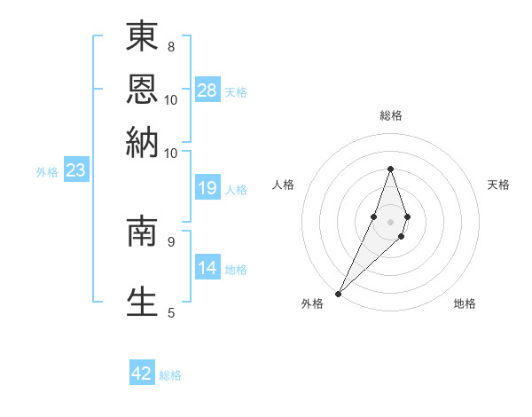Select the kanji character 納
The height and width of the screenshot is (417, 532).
pyautogui.click(x=142, y=141)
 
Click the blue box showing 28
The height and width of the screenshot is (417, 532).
pyautogui.click(x=207, y=90)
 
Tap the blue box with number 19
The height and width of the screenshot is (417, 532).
pyautogui.click(x=207, y=187)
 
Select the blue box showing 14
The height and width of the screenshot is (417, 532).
pyautogui.click(x=207, y=268)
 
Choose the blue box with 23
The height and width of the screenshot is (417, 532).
pyautogui.click(x=75, y=170)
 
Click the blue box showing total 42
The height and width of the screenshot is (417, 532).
pyautogui.click(x=142, y=374)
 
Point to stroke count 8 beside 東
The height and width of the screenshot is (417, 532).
pyautogui.click(x=170, y=46)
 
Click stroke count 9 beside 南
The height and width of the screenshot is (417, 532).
pyautogui.click(x=170, y=240)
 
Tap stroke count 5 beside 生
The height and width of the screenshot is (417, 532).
pyautogui.click(x=170, y=311)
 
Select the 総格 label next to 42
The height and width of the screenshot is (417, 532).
pyautogui.click(x=170, y=375)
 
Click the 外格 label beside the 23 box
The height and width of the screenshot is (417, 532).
pyautogui.click(x=47, y=172)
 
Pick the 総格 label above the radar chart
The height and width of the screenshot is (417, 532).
pyautogui.click(x=390, y=116)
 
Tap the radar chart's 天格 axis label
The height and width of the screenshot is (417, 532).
pyautogui.click(x=498, y=185)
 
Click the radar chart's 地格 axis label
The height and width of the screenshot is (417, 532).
pyautogui.click(x=465, y=303)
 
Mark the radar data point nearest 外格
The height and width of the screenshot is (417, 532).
pyautogui.click(x=339, y=292)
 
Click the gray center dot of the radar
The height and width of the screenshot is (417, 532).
pyautogui.click(x=390, y=220)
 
